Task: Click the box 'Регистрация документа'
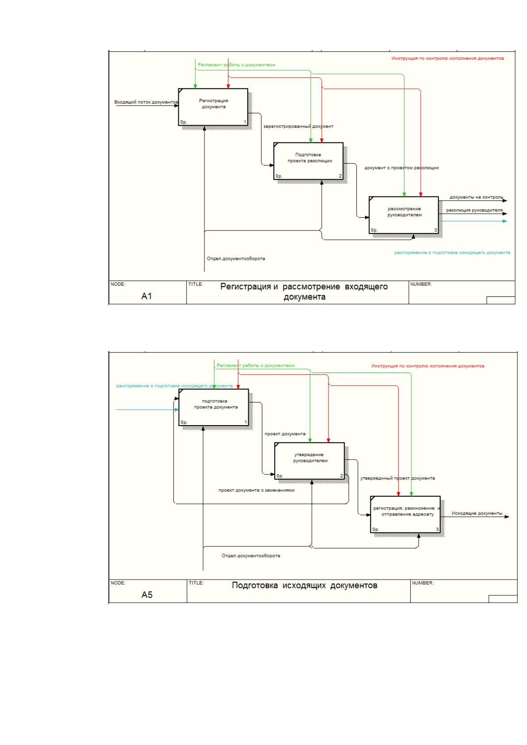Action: (213, 107)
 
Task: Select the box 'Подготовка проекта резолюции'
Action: (308, 161)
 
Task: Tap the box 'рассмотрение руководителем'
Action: (404, 215)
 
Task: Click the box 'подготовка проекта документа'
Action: (214, 407)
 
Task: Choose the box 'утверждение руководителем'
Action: (309, 461)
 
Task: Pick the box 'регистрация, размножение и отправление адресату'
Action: (405, 515)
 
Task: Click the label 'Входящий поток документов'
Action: (146, 102)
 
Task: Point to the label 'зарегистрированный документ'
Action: (298, 127)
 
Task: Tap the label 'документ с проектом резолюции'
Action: (401, 168)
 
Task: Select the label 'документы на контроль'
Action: (476, 197)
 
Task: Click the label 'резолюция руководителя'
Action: (474, 210)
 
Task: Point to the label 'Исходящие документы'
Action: (477, 513)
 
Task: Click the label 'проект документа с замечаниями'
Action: (256, 490)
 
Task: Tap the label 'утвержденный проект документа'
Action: (397, 478)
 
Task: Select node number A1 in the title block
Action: (146, 296)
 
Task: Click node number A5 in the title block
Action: (147, 595)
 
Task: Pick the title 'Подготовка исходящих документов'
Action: (304, 585)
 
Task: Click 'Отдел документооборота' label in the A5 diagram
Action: (251, 556)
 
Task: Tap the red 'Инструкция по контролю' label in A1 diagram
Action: (447, 58)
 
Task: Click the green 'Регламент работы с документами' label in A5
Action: (255, 365)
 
